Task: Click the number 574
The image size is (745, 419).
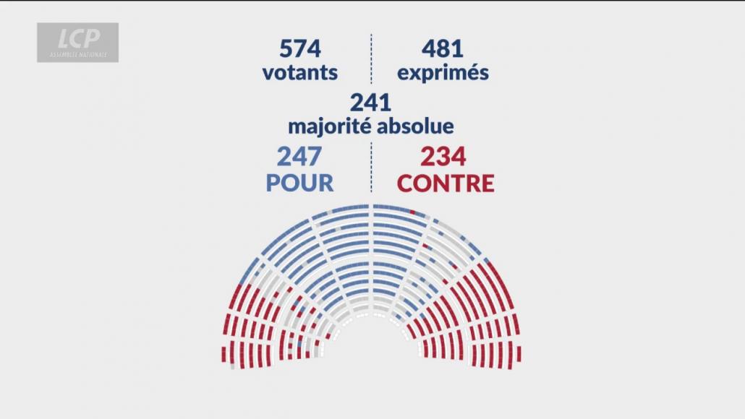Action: [299, 49]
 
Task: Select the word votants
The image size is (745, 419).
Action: [299, 73]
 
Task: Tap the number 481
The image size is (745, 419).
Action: [442, 49]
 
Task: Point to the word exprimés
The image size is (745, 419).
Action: [442, 74]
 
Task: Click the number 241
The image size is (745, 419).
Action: [370, 102]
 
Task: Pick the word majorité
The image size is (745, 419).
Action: [328, 126]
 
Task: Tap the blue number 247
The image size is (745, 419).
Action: [299, 157]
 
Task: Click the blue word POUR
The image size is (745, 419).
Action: [299, 183]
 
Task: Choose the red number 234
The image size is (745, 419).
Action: [445, 157]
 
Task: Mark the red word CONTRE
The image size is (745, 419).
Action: [446, 183]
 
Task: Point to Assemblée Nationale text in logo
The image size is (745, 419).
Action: [78, 54]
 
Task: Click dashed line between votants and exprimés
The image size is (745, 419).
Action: [371, 58]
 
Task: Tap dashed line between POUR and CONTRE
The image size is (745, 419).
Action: [371, 168]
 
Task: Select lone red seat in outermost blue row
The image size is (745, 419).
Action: [412, 211]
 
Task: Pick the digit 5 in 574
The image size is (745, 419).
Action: [286, 49]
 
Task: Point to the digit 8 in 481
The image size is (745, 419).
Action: [441, 49]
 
